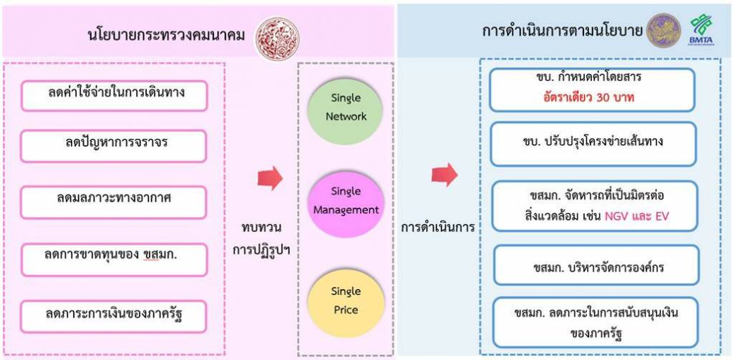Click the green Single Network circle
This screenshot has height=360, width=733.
tap(346, 108)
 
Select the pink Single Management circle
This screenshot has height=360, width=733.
tap(345, 201)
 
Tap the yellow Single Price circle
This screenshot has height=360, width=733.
tap(345, 301)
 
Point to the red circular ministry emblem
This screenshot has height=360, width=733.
tap(277, 32)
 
